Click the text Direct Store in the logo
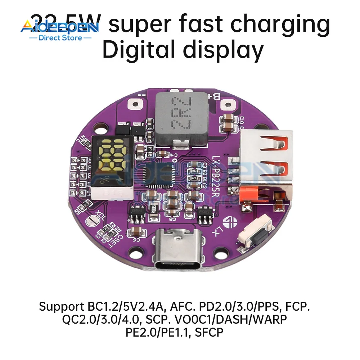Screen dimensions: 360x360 (59, 37)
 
